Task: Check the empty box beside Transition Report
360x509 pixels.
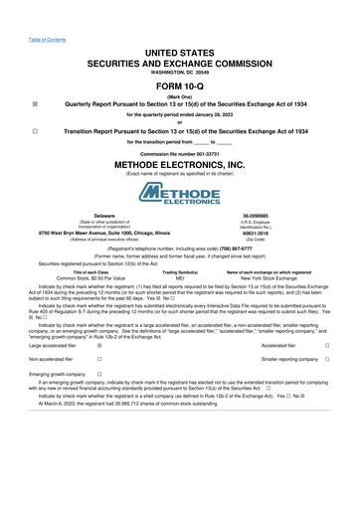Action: pyautogui.click(x=35, y=131)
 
